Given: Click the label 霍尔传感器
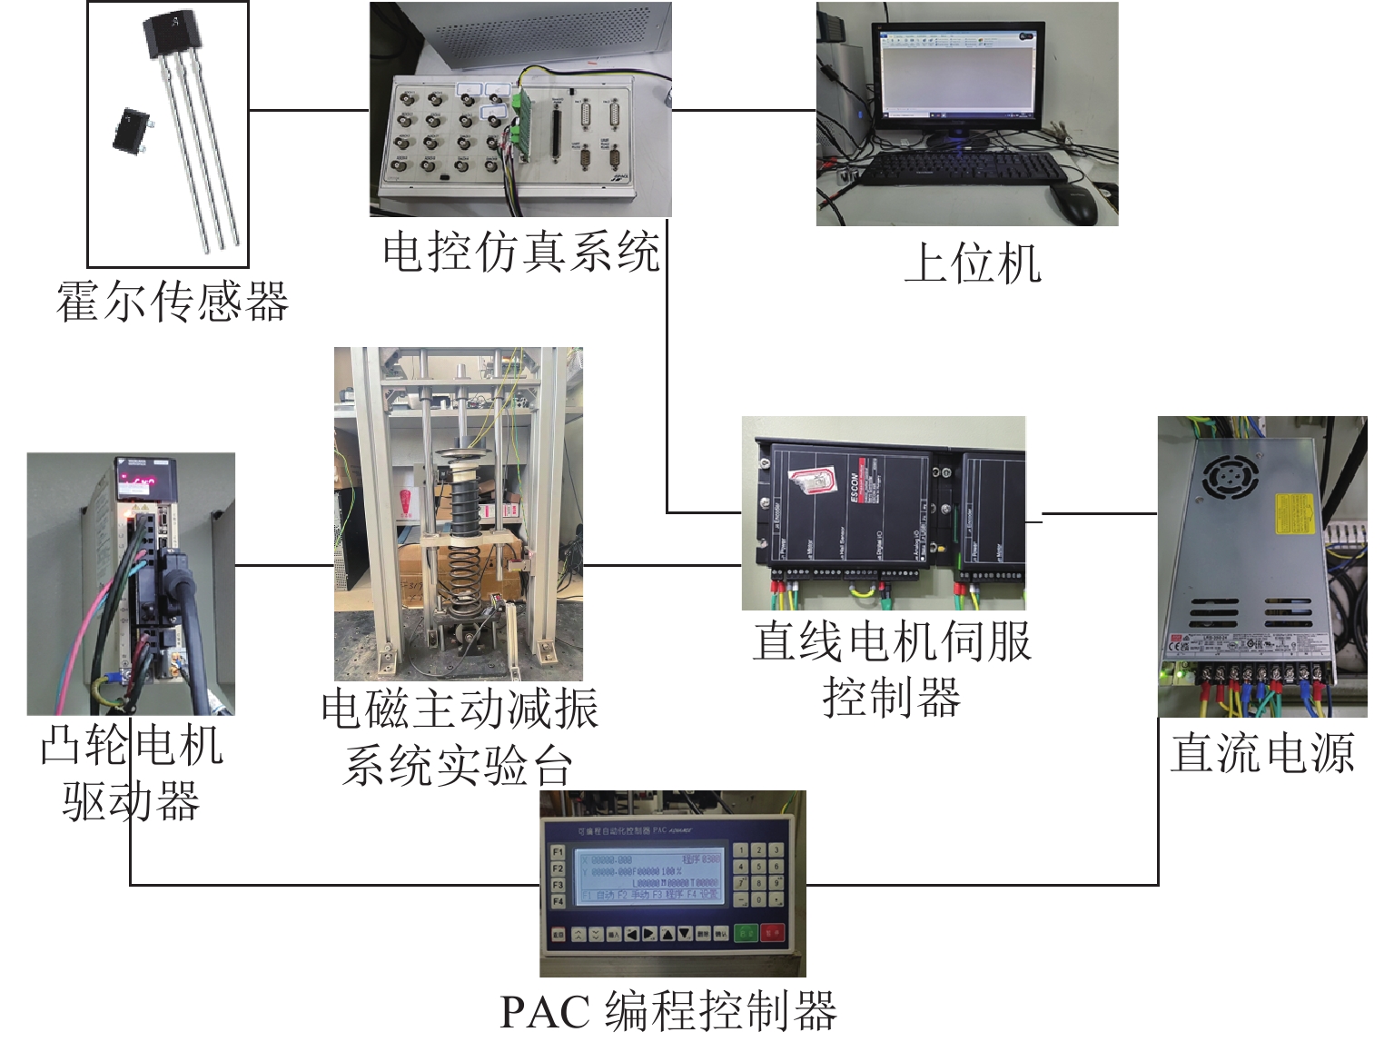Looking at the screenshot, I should tap(173, 302).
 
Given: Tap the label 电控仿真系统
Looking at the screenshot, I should tap(520, 251).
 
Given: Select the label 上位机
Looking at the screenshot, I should tap(973, 263).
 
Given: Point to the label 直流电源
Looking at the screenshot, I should tap(1262, 753).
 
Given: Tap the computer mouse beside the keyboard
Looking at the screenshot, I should tap(1074, 205).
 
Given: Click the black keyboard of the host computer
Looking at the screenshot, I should tap(963, 168).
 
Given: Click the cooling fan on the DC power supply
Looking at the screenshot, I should tap(1230, 476).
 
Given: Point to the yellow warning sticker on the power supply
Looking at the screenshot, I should tap(1293, 515).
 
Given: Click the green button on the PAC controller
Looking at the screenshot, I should tap(746, 933).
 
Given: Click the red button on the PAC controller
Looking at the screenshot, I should tap(773, 933).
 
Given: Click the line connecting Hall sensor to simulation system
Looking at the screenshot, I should tap(309, 111).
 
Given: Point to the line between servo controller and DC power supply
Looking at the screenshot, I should tap(1099, 514).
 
